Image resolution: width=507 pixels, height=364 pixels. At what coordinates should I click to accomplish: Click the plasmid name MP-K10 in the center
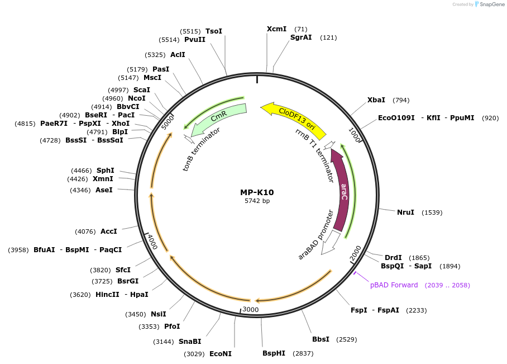257,192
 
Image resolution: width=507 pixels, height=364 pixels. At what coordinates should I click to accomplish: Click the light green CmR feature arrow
218,118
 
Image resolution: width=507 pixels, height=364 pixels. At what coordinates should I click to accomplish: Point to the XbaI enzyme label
376,100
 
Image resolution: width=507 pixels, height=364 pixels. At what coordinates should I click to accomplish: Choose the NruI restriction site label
405,212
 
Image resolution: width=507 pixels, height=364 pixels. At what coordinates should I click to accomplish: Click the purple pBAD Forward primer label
394,285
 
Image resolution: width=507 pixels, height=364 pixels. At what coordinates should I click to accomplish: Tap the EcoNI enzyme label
220,354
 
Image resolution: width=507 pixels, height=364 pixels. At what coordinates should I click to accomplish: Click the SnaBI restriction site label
190,341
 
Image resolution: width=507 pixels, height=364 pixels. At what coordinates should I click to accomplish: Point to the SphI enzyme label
105,171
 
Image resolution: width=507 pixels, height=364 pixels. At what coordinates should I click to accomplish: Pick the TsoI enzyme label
214,31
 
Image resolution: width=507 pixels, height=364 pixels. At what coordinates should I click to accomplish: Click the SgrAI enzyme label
301,37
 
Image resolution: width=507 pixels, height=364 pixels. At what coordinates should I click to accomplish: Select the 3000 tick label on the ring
250,309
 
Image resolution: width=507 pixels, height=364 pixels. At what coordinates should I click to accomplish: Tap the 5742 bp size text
257,201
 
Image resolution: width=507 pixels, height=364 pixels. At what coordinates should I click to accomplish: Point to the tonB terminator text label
202,149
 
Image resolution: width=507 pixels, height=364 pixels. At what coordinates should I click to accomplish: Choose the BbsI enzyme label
321,339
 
